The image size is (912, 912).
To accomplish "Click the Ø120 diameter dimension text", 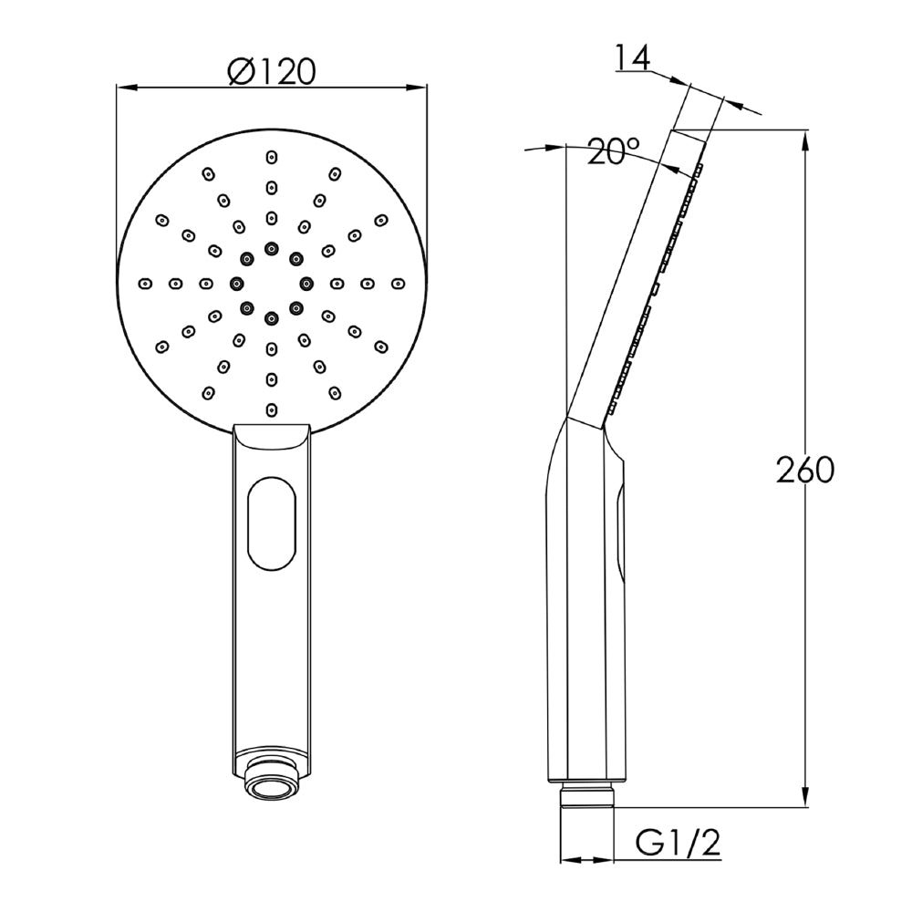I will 272,71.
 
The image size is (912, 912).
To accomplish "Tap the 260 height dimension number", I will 805,471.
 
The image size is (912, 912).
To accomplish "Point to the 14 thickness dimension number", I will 631,58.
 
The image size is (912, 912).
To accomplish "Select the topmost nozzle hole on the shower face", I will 271,157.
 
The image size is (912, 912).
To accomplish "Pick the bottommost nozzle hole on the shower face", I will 271,409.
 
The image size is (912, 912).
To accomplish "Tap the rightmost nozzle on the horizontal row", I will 399,283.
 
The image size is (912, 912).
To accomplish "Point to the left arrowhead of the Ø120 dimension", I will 121,88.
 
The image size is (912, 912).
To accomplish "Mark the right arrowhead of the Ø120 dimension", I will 422,88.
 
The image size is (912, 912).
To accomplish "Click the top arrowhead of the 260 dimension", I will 805,138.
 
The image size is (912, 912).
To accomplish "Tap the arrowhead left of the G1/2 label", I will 565,858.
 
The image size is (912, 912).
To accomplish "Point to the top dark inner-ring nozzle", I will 271,248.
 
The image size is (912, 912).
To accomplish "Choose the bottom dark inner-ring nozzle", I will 271,317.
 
